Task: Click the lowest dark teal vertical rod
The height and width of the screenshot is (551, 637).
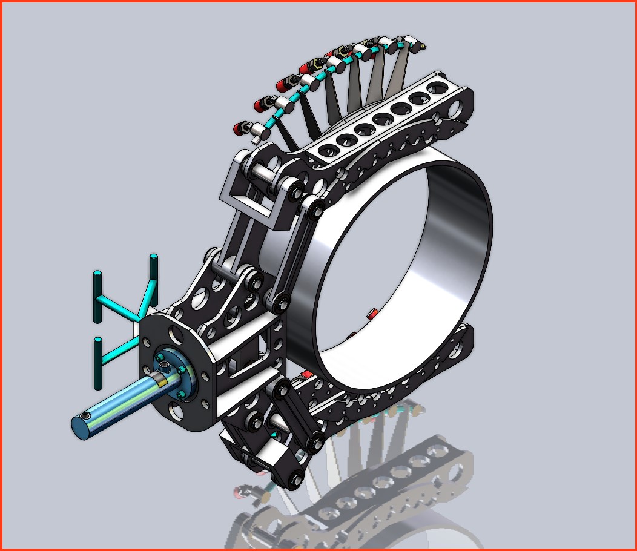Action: pyautogui.click(x=97, y=363)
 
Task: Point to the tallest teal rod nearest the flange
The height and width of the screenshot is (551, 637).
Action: pyautogui.click(x=154, y=278)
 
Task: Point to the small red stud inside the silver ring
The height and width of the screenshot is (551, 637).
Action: pyautogui.click(x=371, y=313)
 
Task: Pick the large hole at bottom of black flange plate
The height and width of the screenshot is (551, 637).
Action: pyautogui.click(x=176, y=411)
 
